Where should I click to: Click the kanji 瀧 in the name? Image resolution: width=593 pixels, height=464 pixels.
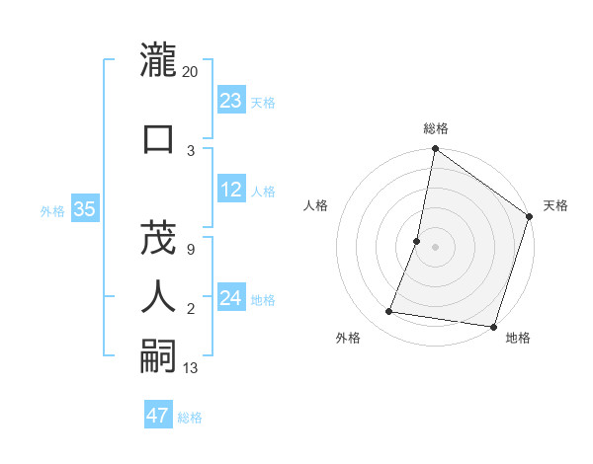[158, 60]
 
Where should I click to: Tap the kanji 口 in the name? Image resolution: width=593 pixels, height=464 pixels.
[158, 138]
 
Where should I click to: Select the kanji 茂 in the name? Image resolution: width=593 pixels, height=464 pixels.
[158, 237]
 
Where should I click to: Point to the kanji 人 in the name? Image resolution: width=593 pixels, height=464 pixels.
[158, 296]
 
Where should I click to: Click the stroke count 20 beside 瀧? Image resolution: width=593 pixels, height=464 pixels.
[191, 71]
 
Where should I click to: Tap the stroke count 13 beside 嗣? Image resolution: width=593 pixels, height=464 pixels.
[191, 368]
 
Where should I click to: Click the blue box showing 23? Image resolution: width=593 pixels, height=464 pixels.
[230, 101]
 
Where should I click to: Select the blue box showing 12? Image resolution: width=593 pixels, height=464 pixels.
[230, 190]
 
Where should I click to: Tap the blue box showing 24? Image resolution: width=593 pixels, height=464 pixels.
[230, 298]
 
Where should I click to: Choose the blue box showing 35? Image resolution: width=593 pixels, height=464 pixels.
[84, 209]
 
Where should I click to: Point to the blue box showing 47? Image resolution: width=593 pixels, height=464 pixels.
[157, 416]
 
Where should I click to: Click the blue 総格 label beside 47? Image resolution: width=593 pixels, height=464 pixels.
[190, 418]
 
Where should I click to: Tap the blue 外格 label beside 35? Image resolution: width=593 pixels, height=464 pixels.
[52, 210]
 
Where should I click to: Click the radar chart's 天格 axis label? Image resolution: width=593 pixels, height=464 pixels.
[555, 205]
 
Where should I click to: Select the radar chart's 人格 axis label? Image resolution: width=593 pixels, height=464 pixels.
[315, 205]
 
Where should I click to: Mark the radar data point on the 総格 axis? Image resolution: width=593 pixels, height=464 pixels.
[435, 150]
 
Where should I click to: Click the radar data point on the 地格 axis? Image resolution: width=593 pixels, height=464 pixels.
[492, 326]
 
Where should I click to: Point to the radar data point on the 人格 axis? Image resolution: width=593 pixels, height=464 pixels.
[417, 241]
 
